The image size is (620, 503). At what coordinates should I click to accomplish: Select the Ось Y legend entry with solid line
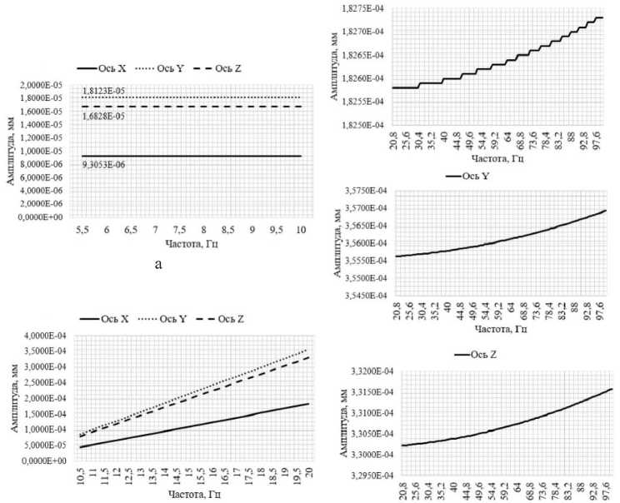click(x=469, y=176)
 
